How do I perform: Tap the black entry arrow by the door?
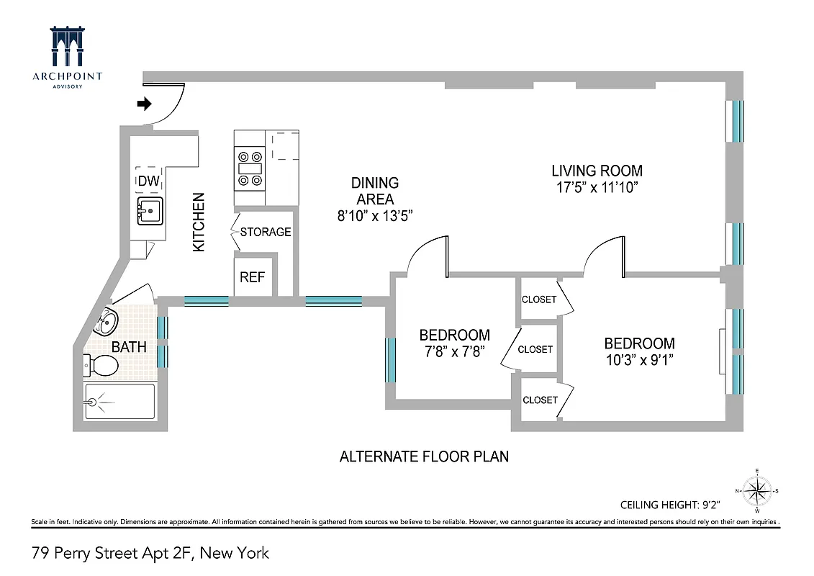[x=144, y=104]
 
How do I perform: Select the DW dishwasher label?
[x=148, y=180]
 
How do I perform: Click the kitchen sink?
[x=150, y=211]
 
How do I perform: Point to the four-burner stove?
[x=250, y=167]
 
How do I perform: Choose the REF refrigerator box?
[x=253, y=277]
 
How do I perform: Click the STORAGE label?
[x=266, y=232]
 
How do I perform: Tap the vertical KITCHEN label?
[x=199, y=222]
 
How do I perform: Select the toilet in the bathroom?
[x=101, y=366]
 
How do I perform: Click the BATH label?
[x=130, y=347]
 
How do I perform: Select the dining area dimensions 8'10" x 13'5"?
[x=374, y=215]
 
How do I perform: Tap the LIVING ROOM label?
[x=597, y=171]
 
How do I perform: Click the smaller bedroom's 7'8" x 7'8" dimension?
[x=454, y=352]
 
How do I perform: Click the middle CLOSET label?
[x=535, y=349]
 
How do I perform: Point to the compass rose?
[x=757, y=491]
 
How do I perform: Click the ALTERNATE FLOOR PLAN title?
[x=424, y=456]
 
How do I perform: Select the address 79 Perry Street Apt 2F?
[x=150, y=553]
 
